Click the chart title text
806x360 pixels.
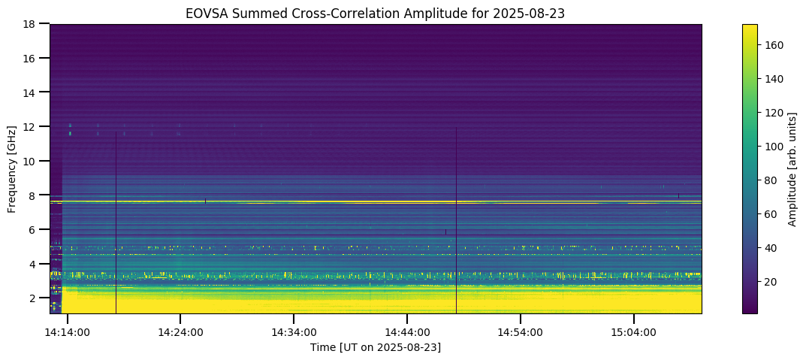tap(376, 13)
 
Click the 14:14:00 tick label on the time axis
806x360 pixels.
tap(68, 332)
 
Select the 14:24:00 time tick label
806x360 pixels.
tap(180, 332)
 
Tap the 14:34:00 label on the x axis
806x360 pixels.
tap(294, 332)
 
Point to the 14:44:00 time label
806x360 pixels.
tap(407, 332)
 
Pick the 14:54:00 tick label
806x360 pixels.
tap(521, 332)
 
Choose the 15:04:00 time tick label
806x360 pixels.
tap(634, 332)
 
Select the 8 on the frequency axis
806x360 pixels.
tap(32, 195)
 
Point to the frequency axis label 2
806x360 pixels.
tap(32, 298)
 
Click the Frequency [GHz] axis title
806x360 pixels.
tap(12, 168)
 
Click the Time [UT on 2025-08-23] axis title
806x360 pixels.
tap(376, 347)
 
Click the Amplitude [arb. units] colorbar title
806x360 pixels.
tap(792, 168)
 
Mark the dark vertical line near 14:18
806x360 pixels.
tap(116, 225)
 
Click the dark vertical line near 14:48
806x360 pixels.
tap(456, 225)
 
